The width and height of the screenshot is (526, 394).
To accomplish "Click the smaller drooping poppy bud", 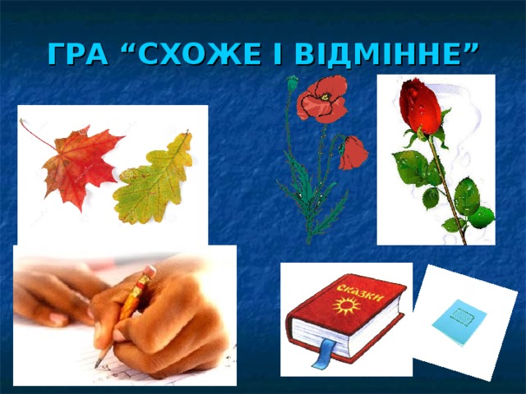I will pyautogui.click(x=353, y=153).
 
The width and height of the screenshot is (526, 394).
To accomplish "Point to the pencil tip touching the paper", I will pyautogui.click(x=98, y=364).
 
